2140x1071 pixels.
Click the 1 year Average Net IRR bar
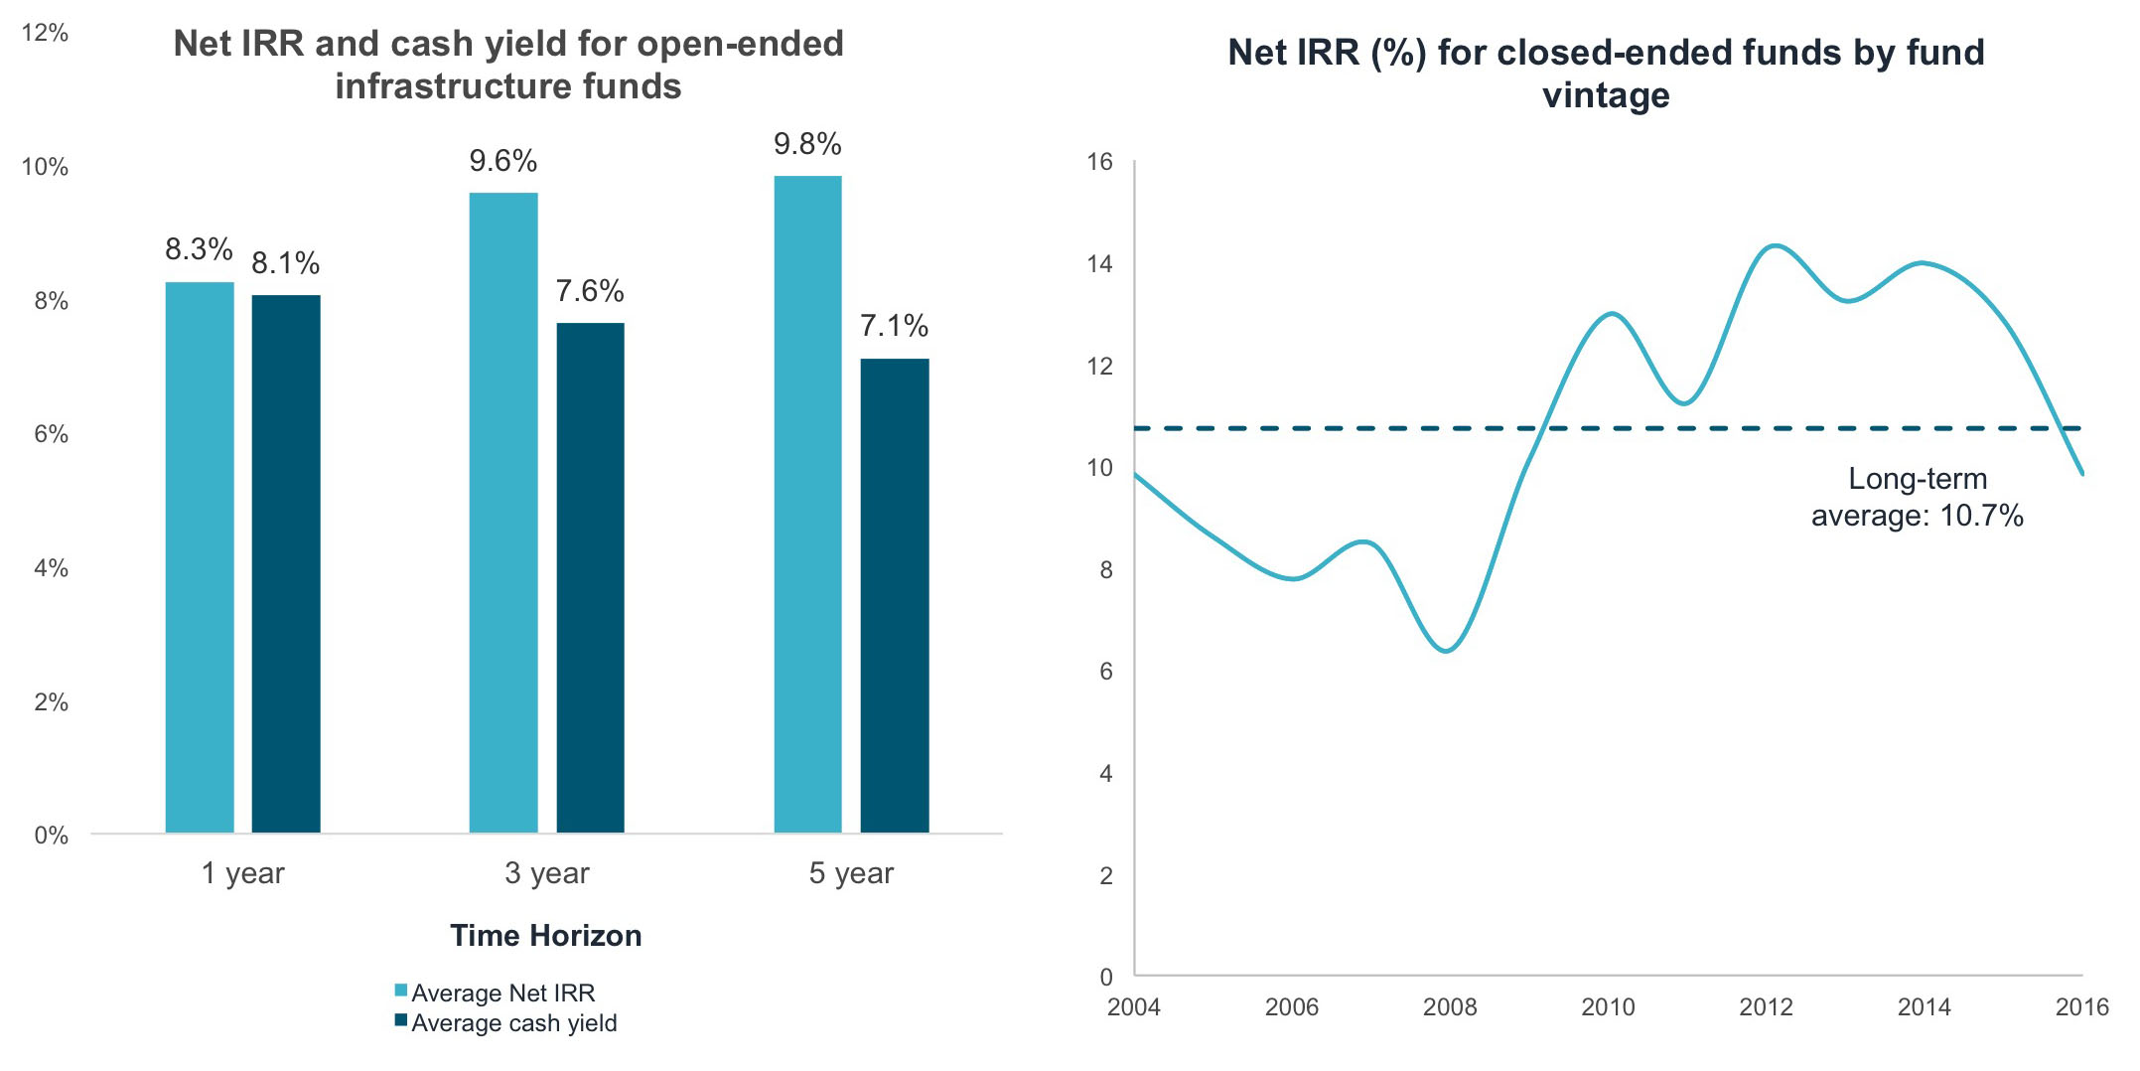click(200, 556)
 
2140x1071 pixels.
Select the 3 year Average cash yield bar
click(590, 576)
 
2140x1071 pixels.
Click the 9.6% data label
click(502, 161)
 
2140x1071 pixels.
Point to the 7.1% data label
click(894, 326)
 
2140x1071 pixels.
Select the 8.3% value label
click(199, 249)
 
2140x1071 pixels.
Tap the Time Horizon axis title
click(545, 935)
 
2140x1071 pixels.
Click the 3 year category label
click(546, 873)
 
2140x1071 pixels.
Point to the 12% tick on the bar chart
click(45, 33)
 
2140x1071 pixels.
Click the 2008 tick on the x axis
click(1449, 1007)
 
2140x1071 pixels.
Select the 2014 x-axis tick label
click(1924, 1007)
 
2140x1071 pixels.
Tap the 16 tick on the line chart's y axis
click(1099, 162)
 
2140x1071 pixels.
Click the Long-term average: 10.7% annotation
click(1917, 497)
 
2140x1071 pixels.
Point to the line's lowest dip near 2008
click(1447, 651)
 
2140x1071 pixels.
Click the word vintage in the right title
click(1606, 96)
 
